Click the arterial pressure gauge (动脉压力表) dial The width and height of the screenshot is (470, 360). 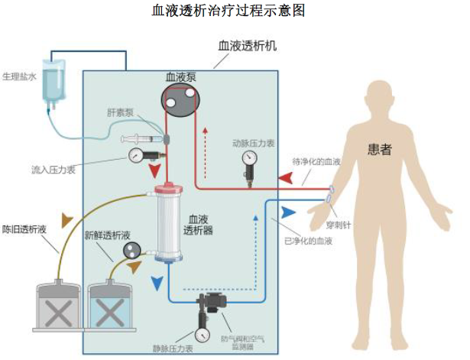click(x=249, y=160)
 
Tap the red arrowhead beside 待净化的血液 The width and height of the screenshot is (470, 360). click(x=284, y=178)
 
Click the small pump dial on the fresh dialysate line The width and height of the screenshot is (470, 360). click(x=130, y=248)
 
